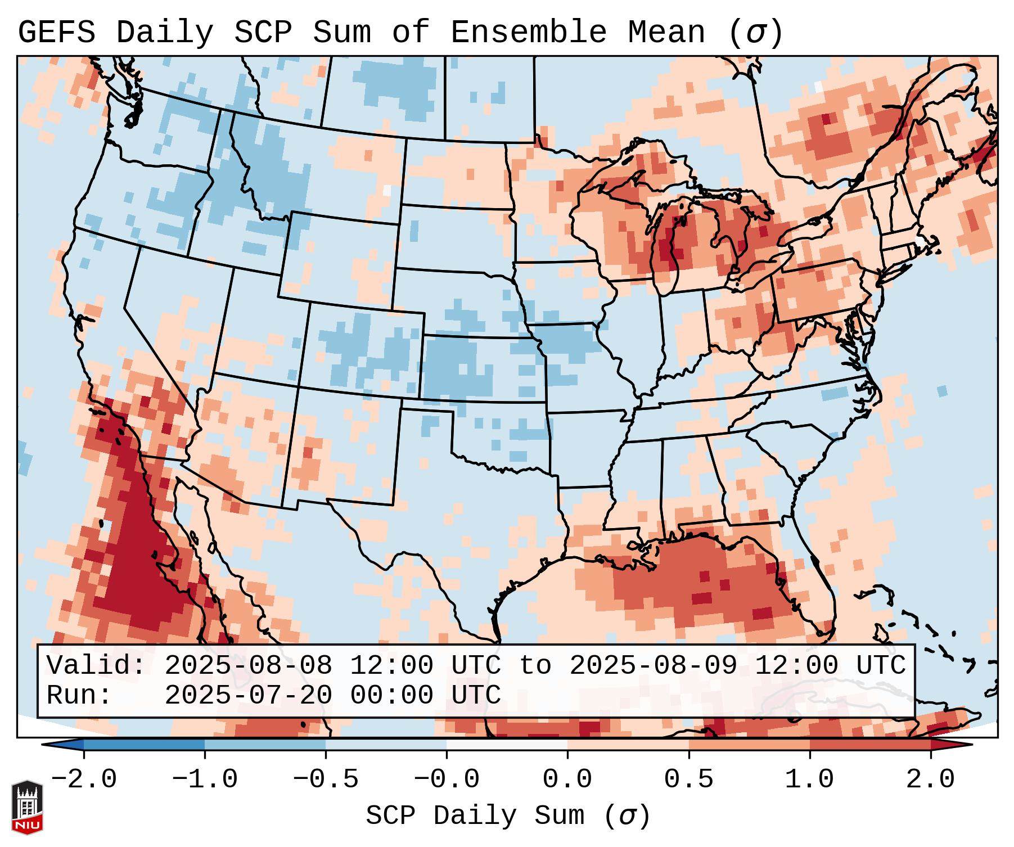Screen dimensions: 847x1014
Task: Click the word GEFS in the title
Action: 56,32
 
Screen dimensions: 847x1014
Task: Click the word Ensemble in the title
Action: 528,32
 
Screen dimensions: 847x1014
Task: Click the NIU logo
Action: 27,807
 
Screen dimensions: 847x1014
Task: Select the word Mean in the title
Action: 666,32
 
